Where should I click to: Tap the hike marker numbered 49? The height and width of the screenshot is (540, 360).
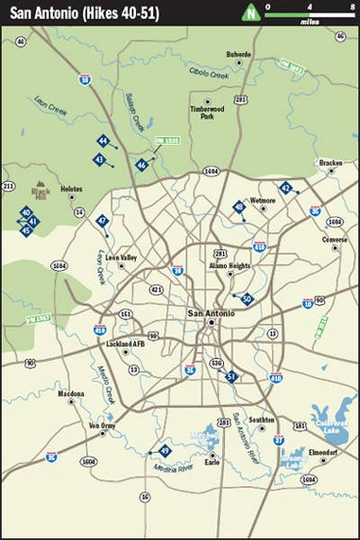point(164,451)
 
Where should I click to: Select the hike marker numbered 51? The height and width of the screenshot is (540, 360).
point(231,377)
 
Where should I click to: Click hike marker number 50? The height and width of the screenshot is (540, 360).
point(247,300)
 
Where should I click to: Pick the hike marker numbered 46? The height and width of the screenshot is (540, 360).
point(141,165)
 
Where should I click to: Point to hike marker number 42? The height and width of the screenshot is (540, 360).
point(285,189)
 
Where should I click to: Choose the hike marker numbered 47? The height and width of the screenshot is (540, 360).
point(103,220)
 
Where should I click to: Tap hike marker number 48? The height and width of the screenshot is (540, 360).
point(238,207)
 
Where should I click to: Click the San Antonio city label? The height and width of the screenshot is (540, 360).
point(209,312)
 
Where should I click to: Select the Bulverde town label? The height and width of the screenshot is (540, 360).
point(238,54)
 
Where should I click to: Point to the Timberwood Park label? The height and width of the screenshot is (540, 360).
point(206,112)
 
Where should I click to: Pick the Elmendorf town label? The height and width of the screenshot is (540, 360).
point(321,451)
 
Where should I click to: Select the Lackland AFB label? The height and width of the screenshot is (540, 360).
point(125,345)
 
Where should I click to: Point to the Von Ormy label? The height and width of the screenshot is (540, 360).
point(103,425)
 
